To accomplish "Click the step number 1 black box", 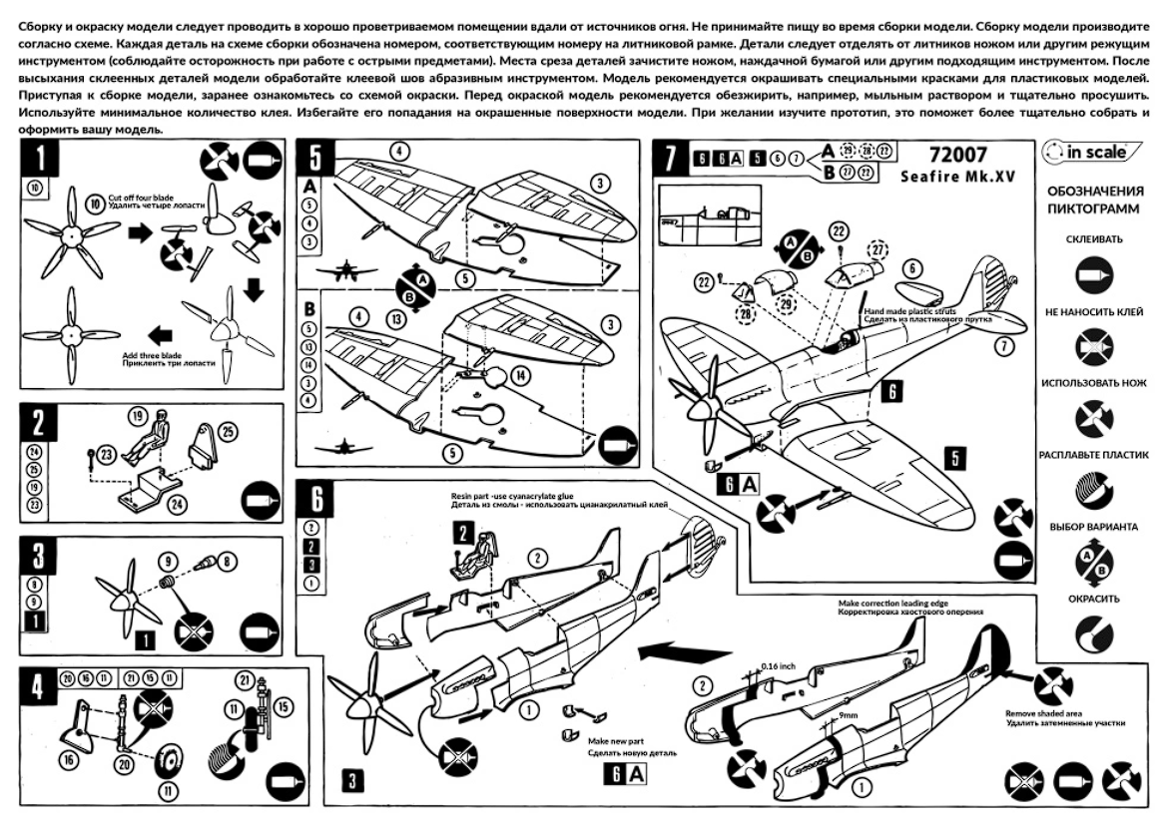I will click(41, 158).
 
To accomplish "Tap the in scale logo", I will click(1084, 153).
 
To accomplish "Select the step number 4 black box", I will click(36, 689).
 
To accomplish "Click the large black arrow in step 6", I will click(665, 651).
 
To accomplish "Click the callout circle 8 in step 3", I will click(226, 562).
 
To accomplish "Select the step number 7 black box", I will click(668, 158).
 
